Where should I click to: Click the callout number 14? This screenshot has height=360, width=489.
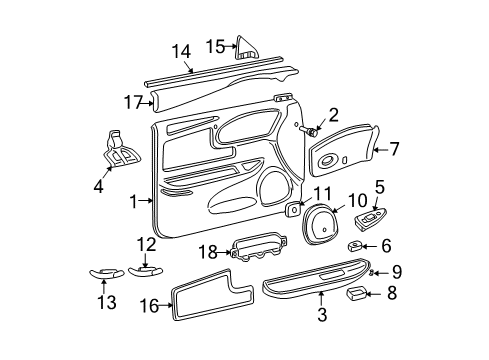click(x=180, y=52)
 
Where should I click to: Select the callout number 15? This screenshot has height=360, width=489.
click(x=213, y=46)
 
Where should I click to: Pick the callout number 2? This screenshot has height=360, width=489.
click(x=333, y=115)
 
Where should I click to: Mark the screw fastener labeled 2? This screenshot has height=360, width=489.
click(x=309, y=131)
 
